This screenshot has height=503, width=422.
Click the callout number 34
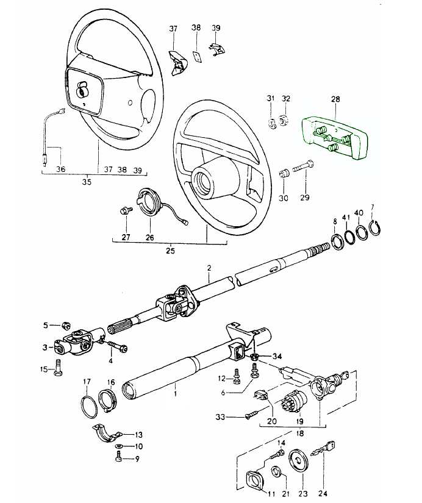point(277,356)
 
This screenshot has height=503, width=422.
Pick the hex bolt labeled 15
point(58,369)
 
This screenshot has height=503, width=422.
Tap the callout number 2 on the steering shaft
point(209,268)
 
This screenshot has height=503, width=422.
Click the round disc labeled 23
point(299,461)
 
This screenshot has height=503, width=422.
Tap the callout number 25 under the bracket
point(171,251)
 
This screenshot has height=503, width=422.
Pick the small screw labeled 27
point(126,211)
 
